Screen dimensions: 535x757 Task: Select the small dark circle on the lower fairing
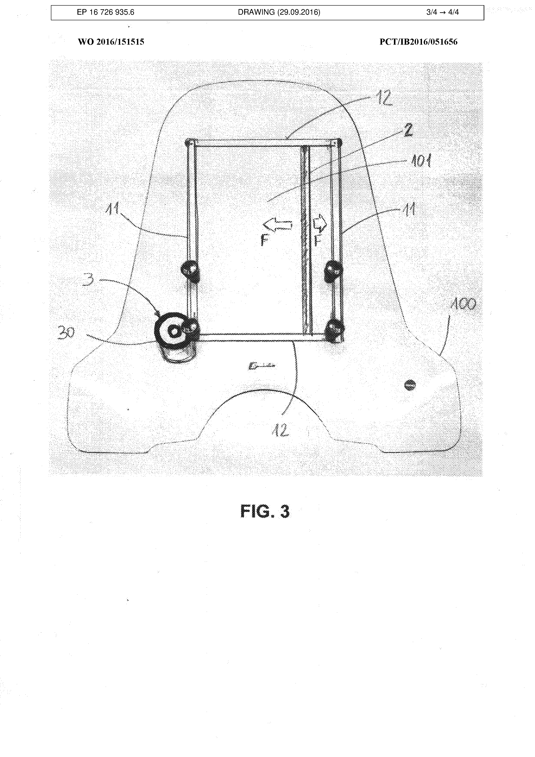click(410, 384)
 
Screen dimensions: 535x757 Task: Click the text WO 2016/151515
click(111, 42)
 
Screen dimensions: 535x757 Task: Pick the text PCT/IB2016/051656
click(418, 42)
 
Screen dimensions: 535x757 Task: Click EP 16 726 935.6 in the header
click(105, 13)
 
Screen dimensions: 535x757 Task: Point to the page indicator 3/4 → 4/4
click(442, 13)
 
